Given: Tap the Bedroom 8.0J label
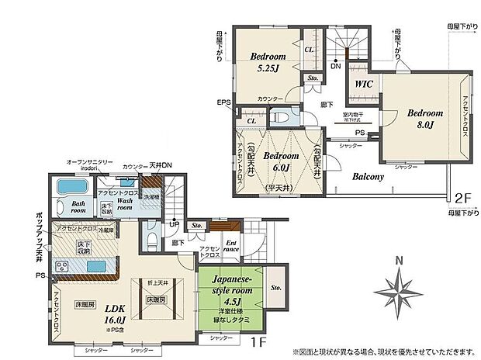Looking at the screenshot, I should (424, 118).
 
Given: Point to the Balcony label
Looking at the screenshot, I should (368, 177).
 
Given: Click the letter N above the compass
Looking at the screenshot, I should (398, 261).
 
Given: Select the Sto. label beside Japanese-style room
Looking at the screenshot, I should (277, 288).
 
